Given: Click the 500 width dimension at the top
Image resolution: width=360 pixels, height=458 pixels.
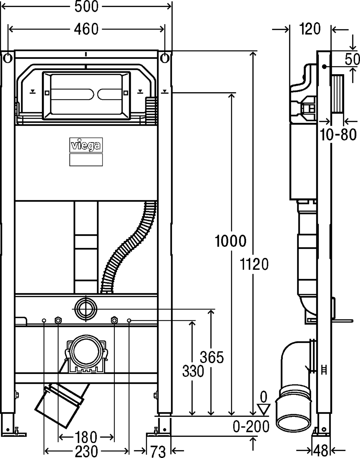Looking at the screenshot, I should (87, 6).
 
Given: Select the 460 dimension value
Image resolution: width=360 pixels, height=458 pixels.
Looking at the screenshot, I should (87, 29).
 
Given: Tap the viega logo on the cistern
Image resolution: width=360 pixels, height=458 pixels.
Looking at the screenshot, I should (86, 145).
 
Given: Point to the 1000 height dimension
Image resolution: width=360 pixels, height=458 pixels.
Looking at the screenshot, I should (230, 241).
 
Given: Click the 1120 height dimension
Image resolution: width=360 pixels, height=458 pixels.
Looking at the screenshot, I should (254, 264).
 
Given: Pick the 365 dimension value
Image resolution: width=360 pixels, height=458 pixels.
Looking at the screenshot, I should (212, 357).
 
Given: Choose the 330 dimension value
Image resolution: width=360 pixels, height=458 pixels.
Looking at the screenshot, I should (193, 371).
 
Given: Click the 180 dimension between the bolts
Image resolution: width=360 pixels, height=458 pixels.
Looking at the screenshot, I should (86, 437).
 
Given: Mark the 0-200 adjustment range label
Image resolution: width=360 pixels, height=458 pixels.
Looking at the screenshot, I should (251, 427).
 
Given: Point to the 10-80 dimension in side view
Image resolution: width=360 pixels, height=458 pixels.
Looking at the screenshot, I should (338, 135).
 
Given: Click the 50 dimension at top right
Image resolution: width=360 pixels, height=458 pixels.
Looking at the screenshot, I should (352, 59).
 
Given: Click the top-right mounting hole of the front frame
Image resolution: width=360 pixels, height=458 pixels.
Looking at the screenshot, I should (165, 58).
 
